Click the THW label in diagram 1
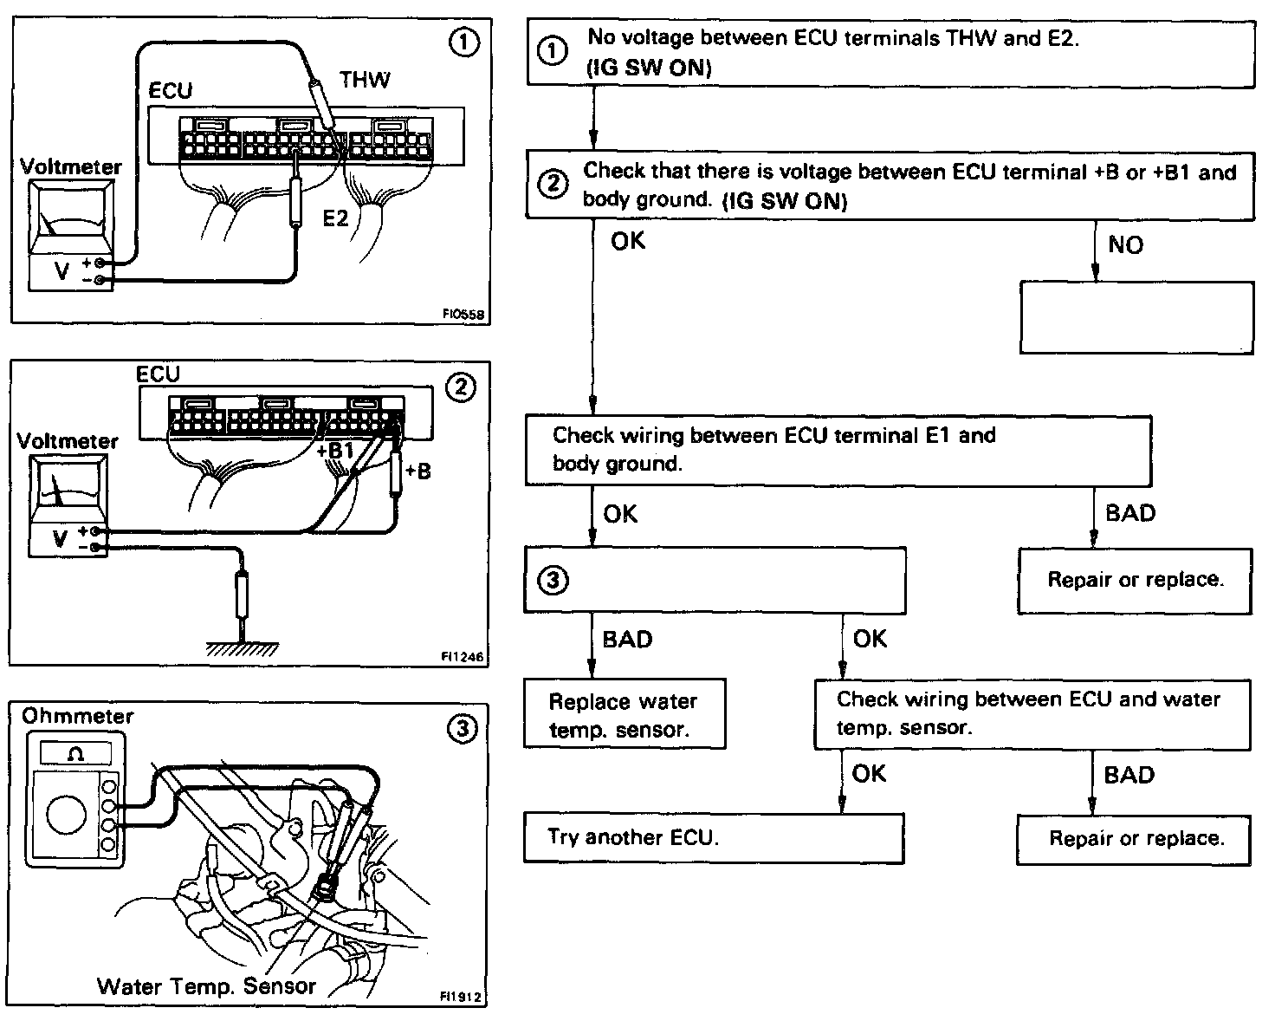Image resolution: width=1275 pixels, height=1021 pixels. (365, 80)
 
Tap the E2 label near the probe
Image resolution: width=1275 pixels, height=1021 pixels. (335, 218)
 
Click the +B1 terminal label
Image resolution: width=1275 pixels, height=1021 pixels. (334, 451)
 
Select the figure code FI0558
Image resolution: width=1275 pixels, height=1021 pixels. (463, 315)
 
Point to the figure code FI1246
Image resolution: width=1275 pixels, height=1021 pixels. (463, 656)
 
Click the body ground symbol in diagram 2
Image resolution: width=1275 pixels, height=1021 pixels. (242, 648)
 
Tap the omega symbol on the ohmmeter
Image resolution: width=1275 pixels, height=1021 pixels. (76, 753)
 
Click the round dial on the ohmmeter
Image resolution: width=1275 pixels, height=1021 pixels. (67, 815)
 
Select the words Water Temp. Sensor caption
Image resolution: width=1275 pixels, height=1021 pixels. (207, 986)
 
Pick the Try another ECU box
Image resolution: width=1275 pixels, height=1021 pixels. (714, 838)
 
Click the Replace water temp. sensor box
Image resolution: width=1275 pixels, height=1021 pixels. (625, 714)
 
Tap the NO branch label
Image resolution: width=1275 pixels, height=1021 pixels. (1126, 245)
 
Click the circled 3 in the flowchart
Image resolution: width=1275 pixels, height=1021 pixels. (553, 580)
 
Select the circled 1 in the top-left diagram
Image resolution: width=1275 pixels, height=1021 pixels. (464, 42)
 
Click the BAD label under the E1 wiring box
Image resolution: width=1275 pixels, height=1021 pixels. (1130, 513)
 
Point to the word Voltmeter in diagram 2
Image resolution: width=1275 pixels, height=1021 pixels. (68, 441)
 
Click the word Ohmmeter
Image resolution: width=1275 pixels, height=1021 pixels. (78, 716)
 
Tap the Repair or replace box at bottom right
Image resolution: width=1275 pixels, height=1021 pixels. (1134, 840)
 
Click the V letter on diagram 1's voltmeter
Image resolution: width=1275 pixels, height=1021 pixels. (61, 271)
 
